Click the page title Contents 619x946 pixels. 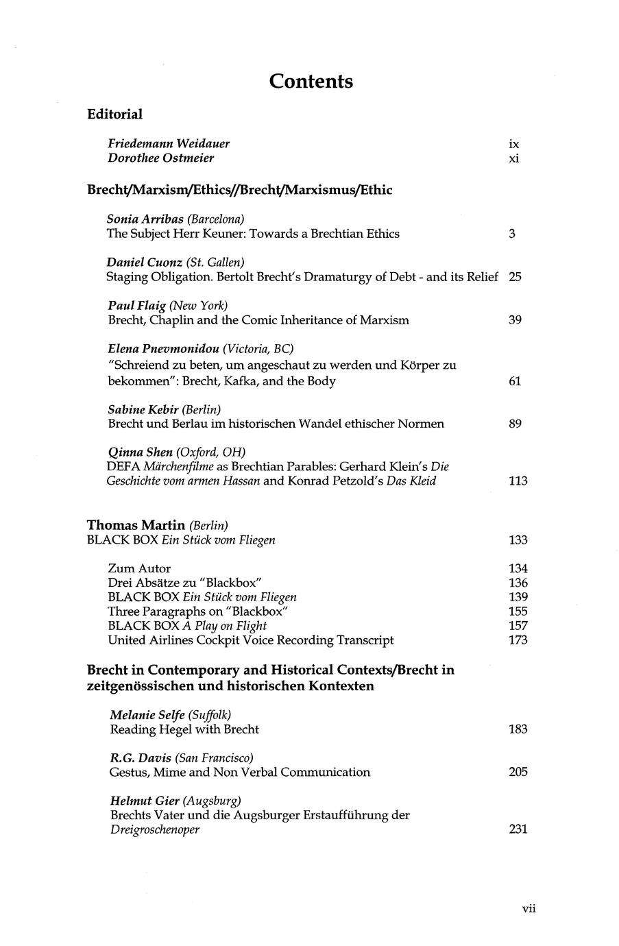tap(311, 82)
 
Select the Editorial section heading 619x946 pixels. tap(114, 114)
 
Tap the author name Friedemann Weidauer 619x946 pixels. tap(169, 144)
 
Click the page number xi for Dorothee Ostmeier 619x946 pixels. tap(514, 158)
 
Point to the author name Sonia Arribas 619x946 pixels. tap(145, 219)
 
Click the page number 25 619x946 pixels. tap(515, 277)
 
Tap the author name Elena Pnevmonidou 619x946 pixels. tap(163, 349)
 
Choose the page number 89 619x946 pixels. tap(515, 424)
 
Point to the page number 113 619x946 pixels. tap(518, 481)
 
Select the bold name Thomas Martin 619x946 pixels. tap(136, 525)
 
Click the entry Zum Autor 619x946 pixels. tap(139, 568)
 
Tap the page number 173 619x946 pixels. tap(518, 640)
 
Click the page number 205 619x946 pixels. tap(518, 773)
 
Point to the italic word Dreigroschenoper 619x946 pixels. tap(155, 829)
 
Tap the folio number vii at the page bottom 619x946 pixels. tap(529, 909)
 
